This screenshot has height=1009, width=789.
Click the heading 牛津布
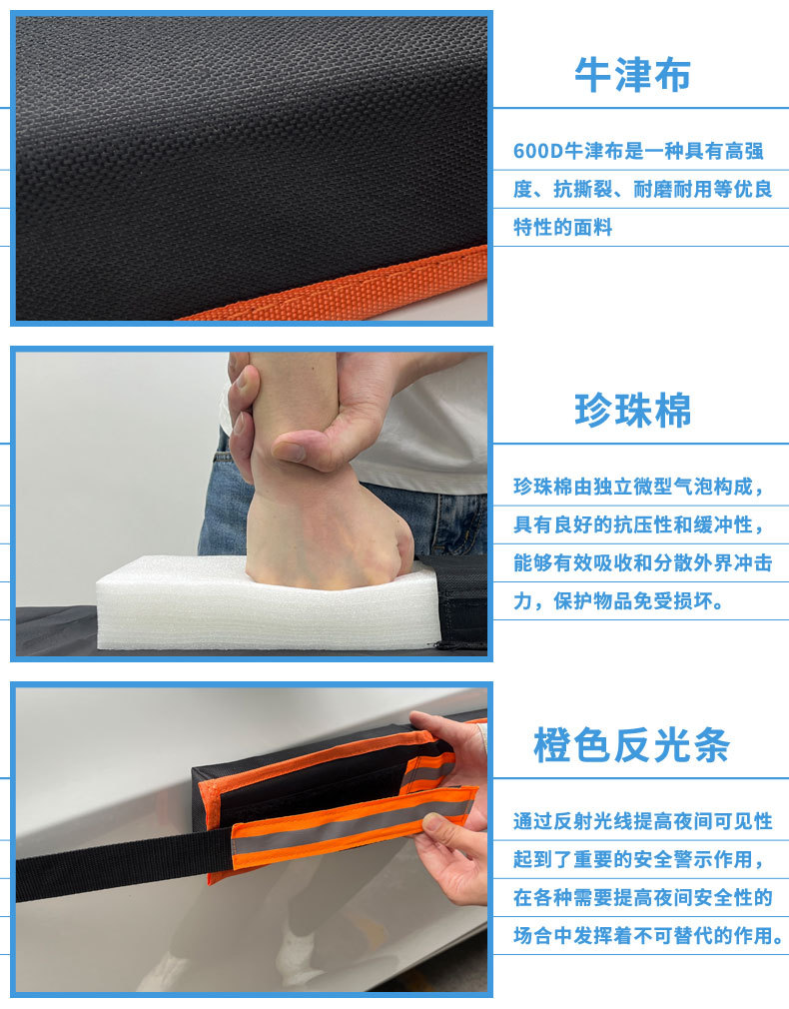(x=632, y=75)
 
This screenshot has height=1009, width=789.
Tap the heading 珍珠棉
(x=632, y=411)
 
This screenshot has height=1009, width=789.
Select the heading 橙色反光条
(x=632, y=746)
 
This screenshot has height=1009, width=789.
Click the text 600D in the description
(x=538, y=152)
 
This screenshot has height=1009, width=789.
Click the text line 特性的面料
(x=562, y=228)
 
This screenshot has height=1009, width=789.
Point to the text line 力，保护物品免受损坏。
(x=620, y=601)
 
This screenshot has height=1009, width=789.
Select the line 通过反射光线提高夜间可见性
(x=642, y=821)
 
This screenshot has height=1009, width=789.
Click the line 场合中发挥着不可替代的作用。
(x=648, y=935)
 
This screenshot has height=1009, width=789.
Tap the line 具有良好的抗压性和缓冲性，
(x=640, y=525)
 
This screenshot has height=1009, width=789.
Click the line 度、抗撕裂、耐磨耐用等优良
(x=642, y=190)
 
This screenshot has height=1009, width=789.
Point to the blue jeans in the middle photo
(x=225, y=509)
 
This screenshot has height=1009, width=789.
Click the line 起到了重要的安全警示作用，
(x=640, y=859)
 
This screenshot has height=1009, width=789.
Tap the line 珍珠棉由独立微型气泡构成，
(x=640, y=488)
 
